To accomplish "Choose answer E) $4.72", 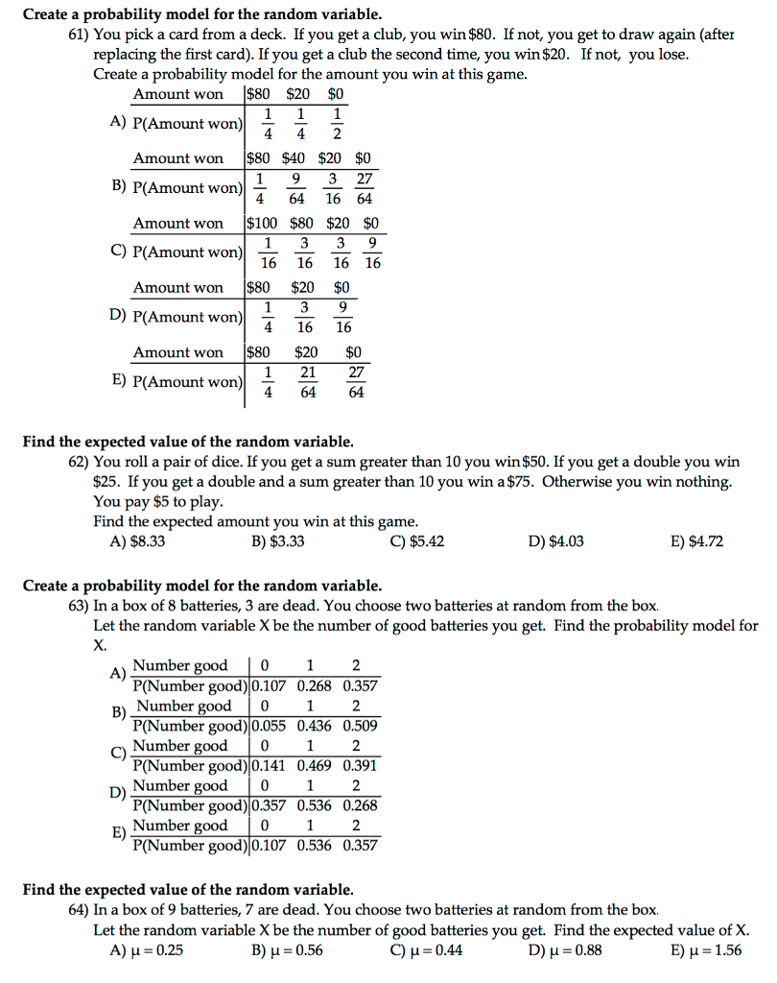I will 696,542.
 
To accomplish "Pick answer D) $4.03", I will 555,542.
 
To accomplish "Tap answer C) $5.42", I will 416,542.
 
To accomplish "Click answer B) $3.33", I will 277,542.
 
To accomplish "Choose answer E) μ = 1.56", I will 706,950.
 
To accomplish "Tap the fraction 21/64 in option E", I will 308,381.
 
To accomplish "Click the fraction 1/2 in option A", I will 337,124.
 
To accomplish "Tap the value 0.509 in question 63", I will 360,726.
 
